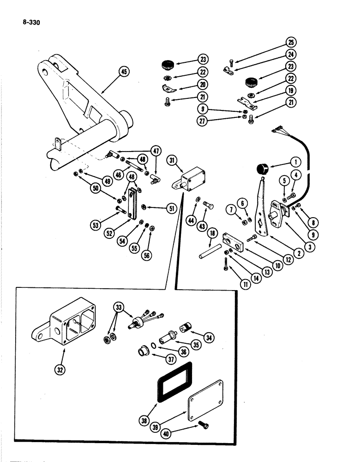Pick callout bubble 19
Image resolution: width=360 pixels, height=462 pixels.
[x=291, y=90]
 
